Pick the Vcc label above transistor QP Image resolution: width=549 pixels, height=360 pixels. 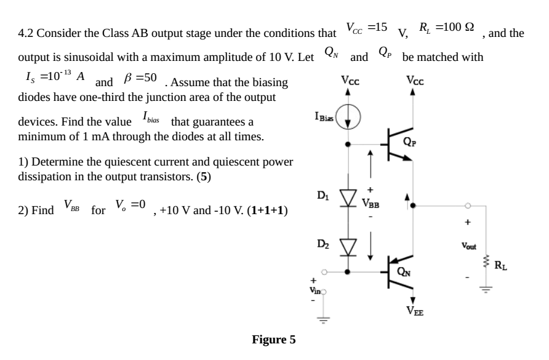click(414, 81)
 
